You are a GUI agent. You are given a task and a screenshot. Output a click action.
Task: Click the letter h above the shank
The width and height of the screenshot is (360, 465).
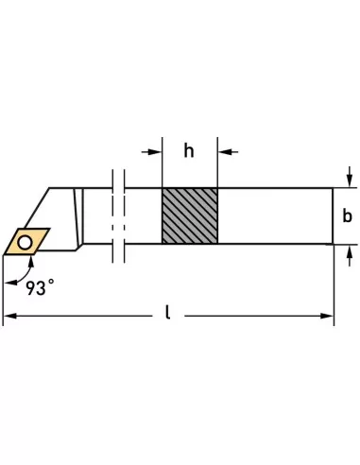[x=189, y=149]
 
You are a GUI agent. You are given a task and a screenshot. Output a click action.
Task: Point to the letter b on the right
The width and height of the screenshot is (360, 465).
[x=347, y=216]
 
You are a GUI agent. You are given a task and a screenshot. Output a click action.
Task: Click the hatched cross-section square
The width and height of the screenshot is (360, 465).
[x=189, y=216]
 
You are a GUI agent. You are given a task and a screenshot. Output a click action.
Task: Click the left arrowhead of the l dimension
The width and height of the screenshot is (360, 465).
[x=9, y=316]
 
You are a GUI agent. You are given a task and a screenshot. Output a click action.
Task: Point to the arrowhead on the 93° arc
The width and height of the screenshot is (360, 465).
[x=9, y=276]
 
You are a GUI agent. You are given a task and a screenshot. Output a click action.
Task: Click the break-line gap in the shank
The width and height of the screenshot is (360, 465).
[x=118, y=216]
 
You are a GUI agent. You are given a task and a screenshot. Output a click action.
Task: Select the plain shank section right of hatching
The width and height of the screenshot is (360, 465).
[x=274, y=216]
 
